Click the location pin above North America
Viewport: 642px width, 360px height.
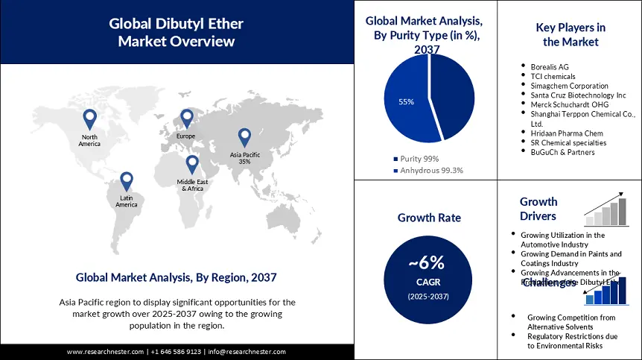tap(89, 118)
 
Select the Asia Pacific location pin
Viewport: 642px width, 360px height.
tap(244, 136)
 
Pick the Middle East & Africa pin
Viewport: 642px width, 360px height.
tap(192, 163)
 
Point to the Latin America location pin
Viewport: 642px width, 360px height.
tap(126, 180)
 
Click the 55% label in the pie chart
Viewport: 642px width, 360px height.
tap(406, 101)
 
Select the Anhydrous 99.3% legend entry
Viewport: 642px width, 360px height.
tap(428, 170)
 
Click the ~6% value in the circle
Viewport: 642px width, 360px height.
tap(426, 262)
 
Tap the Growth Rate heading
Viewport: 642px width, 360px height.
tap(429, 218)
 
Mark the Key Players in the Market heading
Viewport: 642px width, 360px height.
tap(571, 35)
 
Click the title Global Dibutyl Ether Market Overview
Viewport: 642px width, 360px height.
tap(177, 33)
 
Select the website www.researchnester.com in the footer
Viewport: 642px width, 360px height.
tap(104, 352)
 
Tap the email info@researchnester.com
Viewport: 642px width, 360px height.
tap(247, 352)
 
